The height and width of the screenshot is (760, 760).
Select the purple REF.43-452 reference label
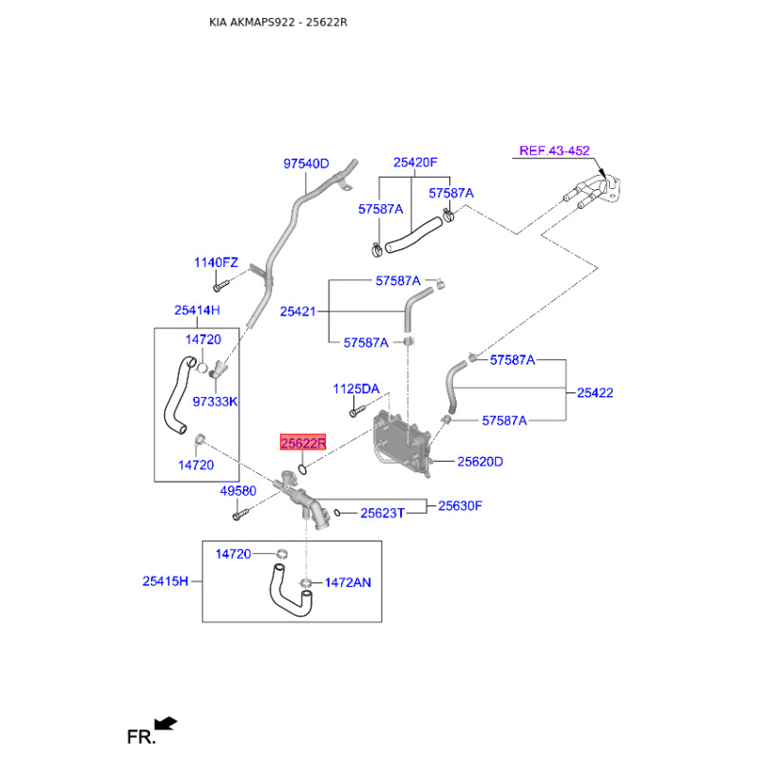coord(554,150)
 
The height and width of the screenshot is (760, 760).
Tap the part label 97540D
coord(306,163)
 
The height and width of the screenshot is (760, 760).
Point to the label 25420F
coord(415,163)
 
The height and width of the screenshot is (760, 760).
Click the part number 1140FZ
coord(217,262)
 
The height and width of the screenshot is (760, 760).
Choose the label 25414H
coord(197,310)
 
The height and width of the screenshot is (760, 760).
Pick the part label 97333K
coord(215,402)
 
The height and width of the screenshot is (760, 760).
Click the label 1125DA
coord(355,389)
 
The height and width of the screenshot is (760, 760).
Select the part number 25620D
coord(480,462)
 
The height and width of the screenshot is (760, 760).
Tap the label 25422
coord(596,391)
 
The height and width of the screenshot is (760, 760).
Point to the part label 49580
coord(238,491)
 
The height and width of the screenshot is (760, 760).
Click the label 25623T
coord(382,513)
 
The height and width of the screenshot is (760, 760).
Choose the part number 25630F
coord(460,506)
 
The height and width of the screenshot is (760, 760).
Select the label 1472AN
coord(348,581)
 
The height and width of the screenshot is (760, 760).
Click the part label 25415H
coord(166,580)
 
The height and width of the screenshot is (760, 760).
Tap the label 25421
coord(298,311)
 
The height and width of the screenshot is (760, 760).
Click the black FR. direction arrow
coord(166,724)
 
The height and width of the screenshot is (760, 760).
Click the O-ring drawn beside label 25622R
coord(301,467)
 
